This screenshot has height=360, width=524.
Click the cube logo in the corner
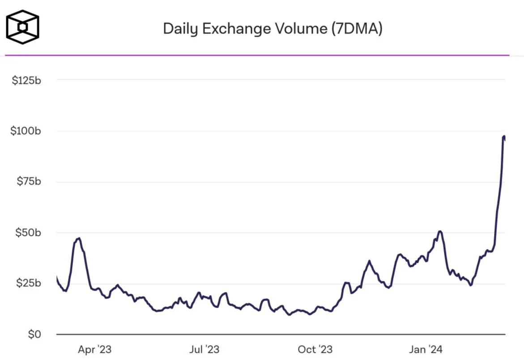click(x=22, y=27)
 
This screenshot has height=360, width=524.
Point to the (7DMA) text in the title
click(x=357, y=29)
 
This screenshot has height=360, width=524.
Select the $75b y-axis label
click(x=29, y=182)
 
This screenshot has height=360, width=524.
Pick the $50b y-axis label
click(x=29, y=233)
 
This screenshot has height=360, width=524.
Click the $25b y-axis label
click(x=29, y=283)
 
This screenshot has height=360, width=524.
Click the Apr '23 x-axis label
click(x=94, y=349)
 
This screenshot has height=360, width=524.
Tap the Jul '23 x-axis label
click(x=204, y=349)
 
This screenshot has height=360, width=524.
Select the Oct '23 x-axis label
click(x=315, y=349)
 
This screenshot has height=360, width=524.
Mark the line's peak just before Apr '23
click(x=79, y=238)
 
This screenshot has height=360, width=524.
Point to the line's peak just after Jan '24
click(x=440, y=231)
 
